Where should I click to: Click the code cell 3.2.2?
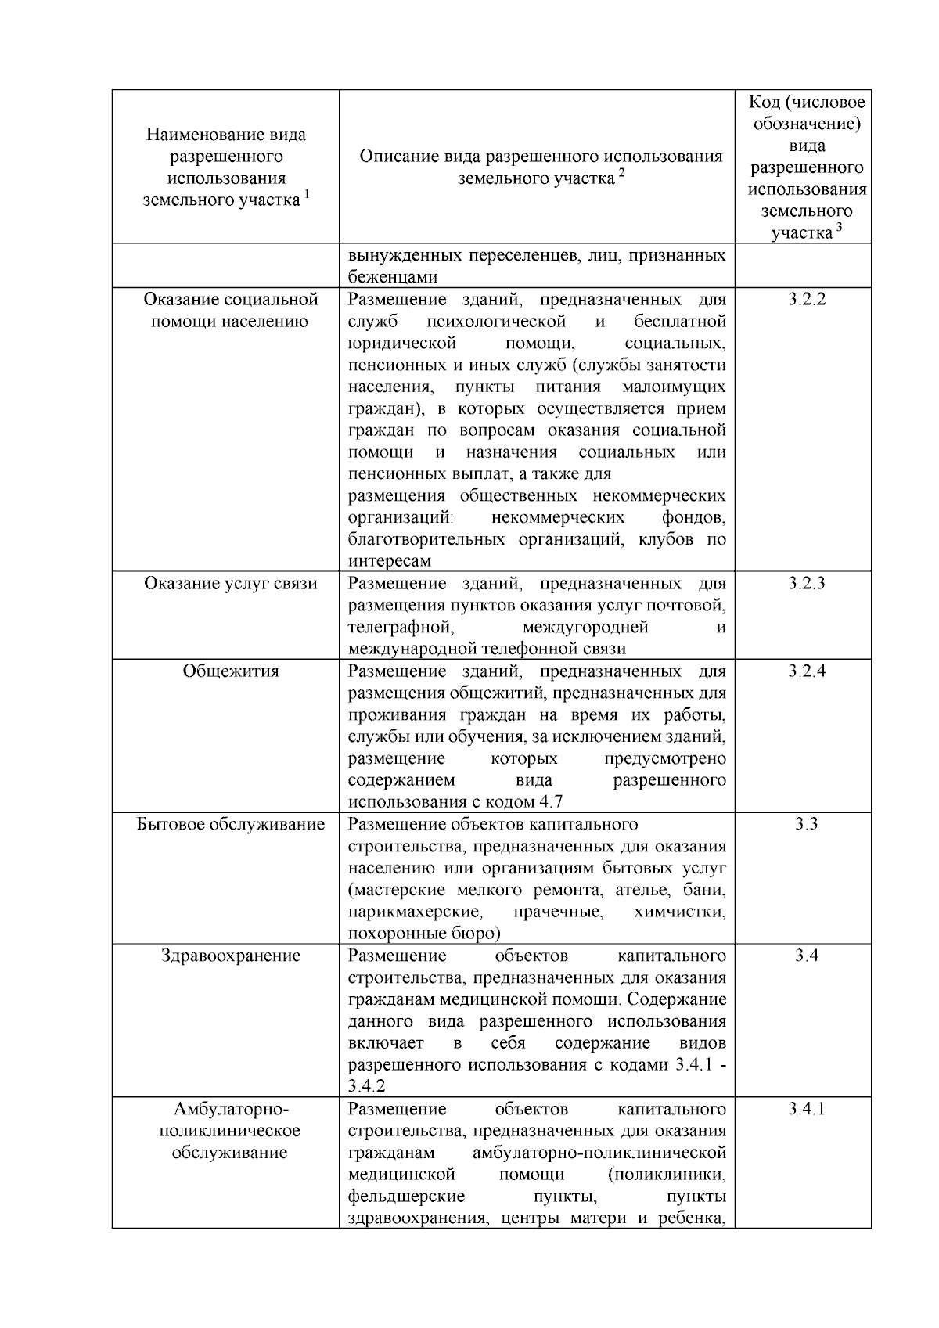[806, 300]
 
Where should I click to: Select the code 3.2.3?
[806, 584]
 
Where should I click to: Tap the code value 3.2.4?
[806, 671]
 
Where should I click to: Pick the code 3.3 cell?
[806, 824]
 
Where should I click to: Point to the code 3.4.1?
[806, 1109]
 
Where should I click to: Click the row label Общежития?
[231, 671]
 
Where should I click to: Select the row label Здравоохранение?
[231, 956]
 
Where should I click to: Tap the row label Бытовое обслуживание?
[231, 824]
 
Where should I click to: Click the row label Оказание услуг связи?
[231, 584]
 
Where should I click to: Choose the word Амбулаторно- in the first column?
[231, 1109]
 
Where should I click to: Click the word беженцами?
[393, 278]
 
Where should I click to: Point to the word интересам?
[389, 561]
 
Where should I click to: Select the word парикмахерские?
[415, 912]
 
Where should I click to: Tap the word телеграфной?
[401, 628]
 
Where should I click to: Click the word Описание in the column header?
[398, 157]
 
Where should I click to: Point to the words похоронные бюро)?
[423, 934]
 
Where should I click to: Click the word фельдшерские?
[406, 1197]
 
